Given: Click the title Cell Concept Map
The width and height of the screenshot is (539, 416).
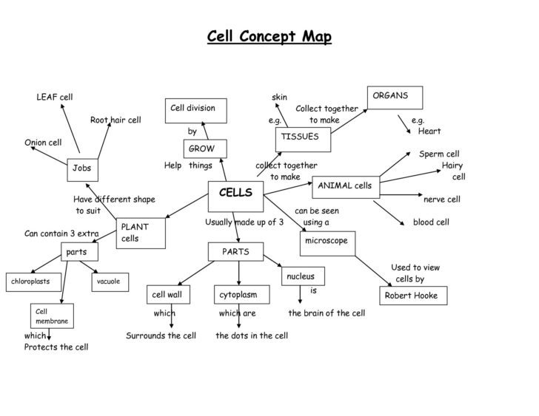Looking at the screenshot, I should [x=269, y=36].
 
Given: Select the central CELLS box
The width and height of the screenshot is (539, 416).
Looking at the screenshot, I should [x=236, y=195].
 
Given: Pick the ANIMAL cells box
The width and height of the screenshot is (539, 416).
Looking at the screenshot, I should [x=346, y=188].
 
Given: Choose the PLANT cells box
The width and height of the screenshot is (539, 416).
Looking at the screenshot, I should [x=141, y=233].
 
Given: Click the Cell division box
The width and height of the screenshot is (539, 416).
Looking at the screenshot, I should [x=195, y=110].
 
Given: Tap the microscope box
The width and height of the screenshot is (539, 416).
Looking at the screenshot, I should [x=327, y=242].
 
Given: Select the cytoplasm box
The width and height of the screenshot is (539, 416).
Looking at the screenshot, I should [x=241, y=295].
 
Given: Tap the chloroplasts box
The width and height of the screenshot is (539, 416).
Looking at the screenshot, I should [x=32, y=281].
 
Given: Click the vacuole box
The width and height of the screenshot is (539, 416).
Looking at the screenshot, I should [x=110, y=281].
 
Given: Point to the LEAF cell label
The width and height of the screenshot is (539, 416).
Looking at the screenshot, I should [x=54, y=97].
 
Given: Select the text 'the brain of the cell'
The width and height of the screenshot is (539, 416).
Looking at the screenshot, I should [x=327, y=313].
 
